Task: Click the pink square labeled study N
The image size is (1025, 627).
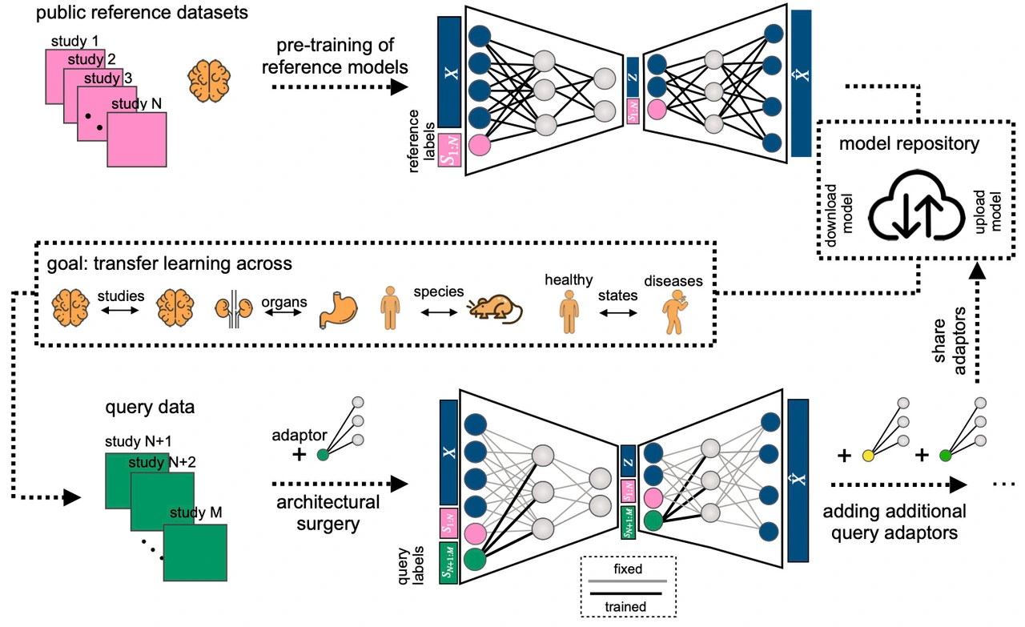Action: pyautogui.click(x=137, y=139)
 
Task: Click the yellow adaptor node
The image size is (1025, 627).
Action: pyautogui.click(x=867, y=456)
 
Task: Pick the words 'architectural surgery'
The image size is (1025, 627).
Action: pyautogui.click(x=328, y=513)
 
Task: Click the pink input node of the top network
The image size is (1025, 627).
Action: pyautogui.click(x=480, y=145)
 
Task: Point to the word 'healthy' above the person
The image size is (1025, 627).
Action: pyautogui.click(x=568, y=279)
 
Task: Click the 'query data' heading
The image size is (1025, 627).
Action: pyautogui.click(x=150, y=408)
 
